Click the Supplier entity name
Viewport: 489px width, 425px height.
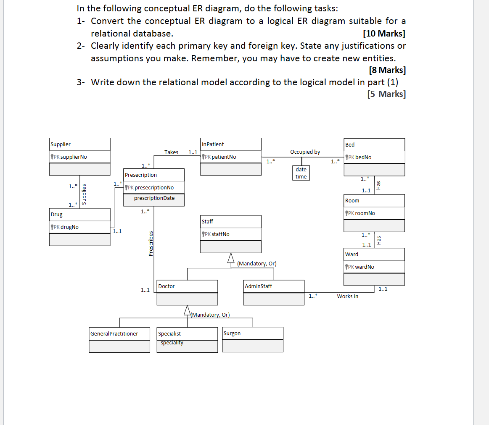coord(61,144)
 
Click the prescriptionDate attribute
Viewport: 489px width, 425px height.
coord(154,198)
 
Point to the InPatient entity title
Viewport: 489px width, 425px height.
coord(213,144)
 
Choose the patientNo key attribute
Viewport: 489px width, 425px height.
coord(221,157)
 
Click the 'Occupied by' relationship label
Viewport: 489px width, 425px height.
coord(305,152)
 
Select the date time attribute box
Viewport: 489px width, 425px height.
coord(301,173)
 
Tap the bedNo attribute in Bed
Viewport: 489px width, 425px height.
coord(361,157)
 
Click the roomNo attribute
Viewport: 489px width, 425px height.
coord(362,213)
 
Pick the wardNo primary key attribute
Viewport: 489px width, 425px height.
coord(362,267)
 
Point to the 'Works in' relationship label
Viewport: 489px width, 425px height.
coord(347,296)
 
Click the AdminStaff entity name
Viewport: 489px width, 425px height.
coord(258,286)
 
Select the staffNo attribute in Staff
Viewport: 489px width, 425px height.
coord(218,234)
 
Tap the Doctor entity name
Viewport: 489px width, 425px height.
coord(167,286)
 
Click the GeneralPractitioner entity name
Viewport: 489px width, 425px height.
coord(114,333)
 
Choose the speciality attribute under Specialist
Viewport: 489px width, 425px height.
coord(172,343)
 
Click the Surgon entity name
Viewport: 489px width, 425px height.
coord(232,333)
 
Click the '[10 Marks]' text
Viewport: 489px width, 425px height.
coord(384,33)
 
